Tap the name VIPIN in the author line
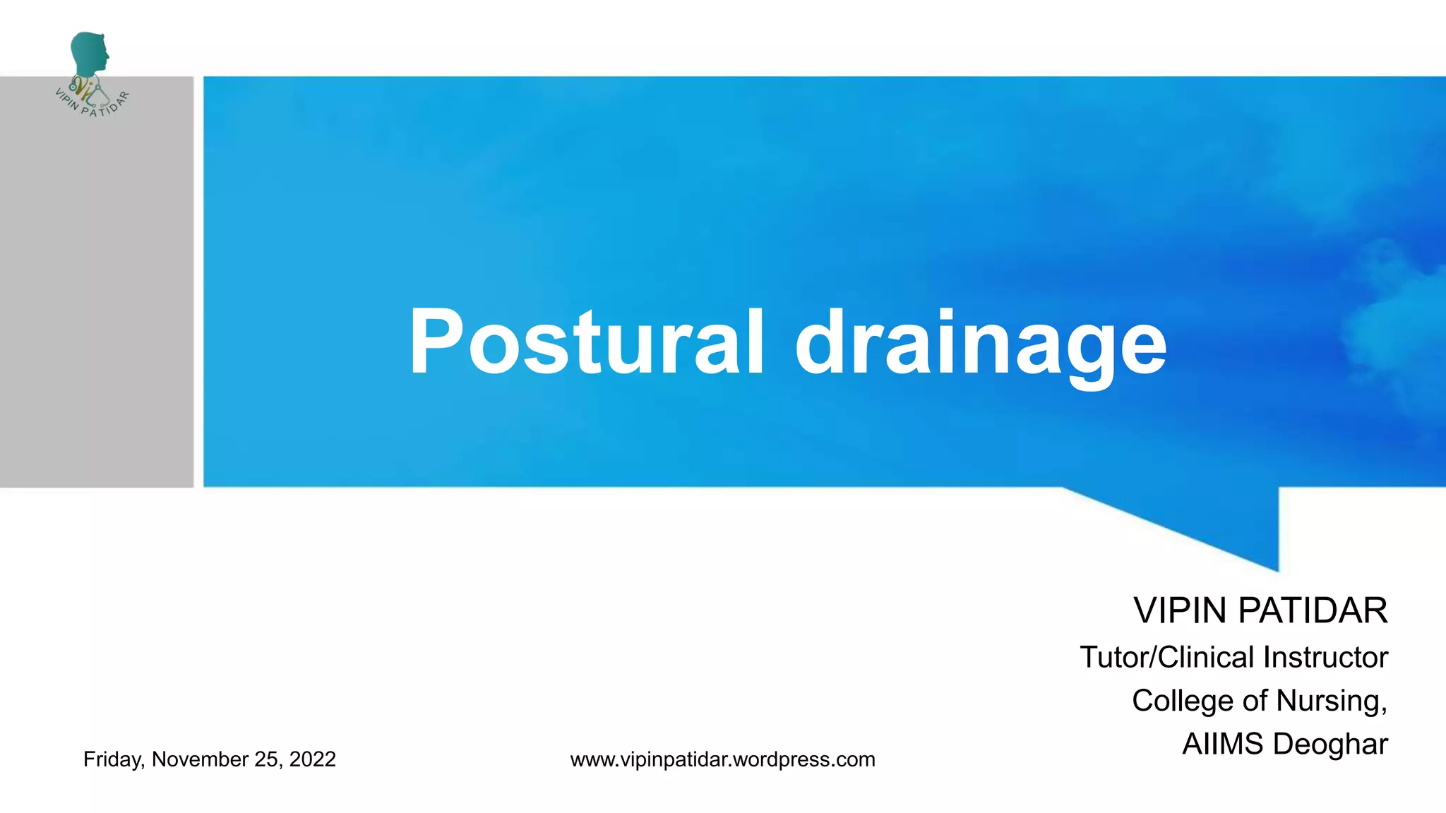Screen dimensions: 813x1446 [x=1179, y=610]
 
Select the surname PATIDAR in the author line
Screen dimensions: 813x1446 [x=1313, y=610]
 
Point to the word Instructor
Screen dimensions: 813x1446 [x=1325, y=657]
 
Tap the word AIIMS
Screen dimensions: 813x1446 [x=1222, y=744]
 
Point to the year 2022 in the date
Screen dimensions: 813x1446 [x=312, y=759]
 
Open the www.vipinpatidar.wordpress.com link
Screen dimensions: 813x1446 [x=722, y=759]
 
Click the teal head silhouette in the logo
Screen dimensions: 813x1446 [x=90, y=53]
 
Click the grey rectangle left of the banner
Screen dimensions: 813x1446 [x=97, y=296]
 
